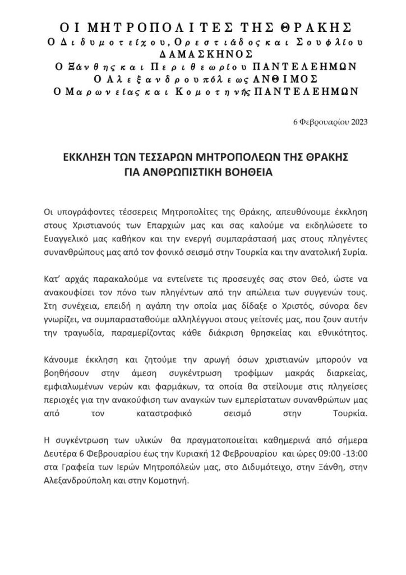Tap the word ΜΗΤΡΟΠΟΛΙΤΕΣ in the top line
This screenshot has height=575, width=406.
coord(146,27)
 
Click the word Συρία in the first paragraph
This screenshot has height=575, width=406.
coord(352,252)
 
